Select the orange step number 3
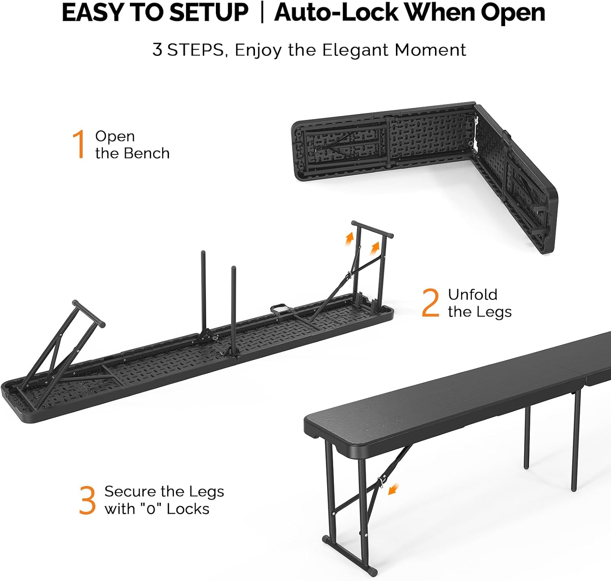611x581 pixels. [87, 500]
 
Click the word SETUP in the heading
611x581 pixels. [209, 13]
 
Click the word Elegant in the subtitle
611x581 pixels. [355, 51]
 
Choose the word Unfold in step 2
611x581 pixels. [473, 295]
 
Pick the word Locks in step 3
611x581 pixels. [188, 509]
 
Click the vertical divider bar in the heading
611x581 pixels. [262, 13]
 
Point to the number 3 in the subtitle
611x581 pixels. [157, 50]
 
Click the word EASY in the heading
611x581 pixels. [93, 13]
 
